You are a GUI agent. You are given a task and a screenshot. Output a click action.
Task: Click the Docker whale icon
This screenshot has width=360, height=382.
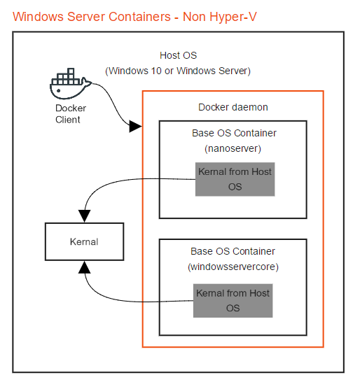click(x=69, y=86)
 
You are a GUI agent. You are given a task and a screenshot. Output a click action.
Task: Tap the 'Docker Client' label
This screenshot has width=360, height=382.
click(x=71, y=114)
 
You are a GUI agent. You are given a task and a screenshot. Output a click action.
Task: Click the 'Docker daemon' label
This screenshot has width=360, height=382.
click(x=233, y=107)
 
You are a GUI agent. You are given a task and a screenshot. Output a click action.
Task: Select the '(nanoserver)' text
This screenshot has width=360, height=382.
click(x=233, y=148)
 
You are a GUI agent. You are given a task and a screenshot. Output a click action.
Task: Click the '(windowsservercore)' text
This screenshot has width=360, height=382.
click(x=233, y=267)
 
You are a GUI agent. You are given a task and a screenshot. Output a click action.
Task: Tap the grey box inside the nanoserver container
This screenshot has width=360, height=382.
click(x=235, y=179)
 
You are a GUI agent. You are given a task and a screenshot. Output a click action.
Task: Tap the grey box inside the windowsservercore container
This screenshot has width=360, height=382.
click(x=233, y=300)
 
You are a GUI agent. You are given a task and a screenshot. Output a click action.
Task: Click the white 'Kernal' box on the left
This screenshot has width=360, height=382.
click(x=84, y=241)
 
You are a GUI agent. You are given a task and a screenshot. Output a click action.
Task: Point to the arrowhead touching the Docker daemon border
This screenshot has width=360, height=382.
click(x=136, y=127)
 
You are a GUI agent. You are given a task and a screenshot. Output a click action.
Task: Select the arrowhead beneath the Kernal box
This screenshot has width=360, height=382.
click(x=85, y=267)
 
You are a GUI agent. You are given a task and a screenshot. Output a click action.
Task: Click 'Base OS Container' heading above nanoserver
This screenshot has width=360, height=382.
click(x=233, y=133)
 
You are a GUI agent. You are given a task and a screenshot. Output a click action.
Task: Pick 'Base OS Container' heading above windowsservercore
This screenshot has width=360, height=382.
click(x=233, y=251)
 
